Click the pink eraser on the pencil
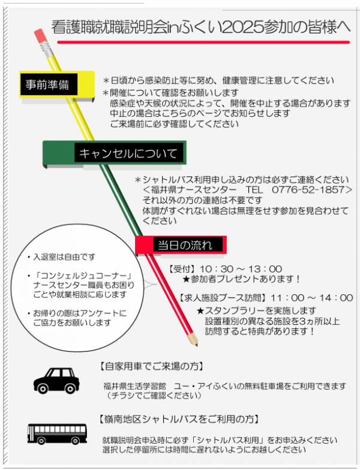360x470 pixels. (x=40, y=36)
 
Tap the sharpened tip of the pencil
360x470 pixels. (x=197, y=345)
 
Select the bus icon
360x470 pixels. (x=58, y=434)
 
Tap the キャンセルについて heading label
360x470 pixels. (x=128, y=153)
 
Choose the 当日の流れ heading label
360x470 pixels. (x=185, y=245)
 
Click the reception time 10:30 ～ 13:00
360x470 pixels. (x=241, y=269)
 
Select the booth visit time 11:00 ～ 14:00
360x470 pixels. (x=312, y=297)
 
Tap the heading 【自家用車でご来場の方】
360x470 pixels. (x=151, y=366)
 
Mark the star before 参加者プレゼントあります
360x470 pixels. (x=186, y=279)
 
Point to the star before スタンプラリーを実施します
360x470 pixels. (x=200, y=311)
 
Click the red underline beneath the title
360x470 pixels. (x=203, y=42)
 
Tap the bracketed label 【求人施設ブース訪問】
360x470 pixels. (x=223, y=297)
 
